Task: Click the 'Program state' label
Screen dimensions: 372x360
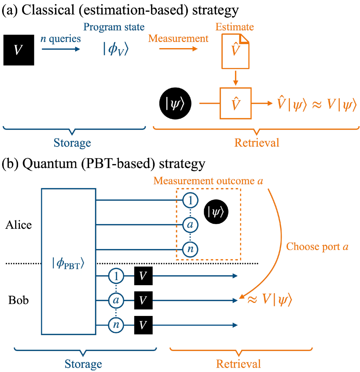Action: point(114,27)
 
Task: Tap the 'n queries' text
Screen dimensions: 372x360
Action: point(60,39)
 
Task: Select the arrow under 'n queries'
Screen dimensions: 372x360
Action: point(61,48)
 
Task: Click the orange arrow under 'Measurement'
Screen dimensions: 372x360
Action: point(178,48)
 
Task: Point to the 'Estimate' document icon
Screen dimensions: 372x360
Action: point(235,51)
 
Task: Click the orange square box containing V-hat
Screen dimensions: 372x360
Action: point(235,103)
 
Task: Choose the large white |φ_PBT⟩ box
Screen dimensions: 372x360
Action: point(69,261)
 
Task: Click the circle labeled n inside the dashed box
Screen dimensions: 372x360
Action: point(190,249)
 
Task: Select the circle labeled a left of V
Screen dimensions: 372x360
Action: point(116,300)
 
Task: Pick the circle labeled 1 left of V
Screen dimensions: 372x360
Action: point(116,276)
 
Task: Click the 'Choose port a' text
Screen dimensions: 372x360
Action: point(317,247)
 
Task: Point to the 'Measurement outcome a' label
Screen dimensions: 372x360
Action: point(208,181)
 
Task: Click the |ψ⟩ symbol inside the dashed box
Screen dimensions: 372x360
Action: point(216,212)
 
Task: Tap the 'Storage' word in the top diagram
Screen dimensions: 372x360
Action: point(72,143)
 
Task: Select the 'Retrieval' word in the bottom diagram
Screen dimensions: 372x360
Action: point(238,363)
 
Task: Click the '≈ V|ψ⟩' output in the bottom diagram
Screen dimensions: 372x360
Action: point(269,300)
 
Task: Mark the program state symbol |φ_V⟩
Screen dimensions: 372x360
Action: point(116,50)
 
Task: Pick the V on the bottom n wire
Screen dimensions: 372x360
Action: point(143,325)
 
